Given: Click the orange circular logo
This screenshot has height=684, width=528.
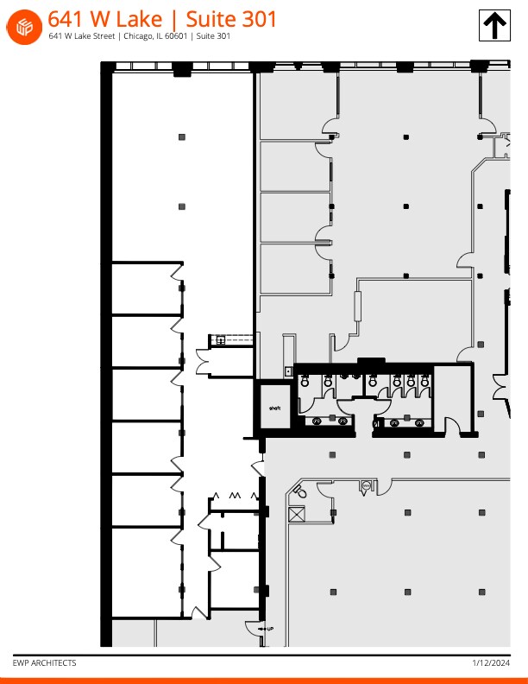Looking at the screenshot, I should (25, 26).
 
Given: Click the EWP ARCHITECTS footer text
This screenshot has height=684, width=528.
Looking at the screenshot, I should (44, 663).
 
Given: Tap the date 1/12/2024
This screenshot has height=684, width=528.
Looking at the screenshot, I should (491, 663).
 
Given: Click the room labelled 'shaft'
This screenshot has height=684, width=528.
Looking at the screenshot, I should (276, 408).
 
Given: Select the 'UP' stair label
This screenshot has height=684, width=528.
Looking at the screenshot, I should (270, 629).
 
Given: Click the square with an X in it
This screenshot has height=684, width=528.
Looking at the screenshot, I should (297, 515).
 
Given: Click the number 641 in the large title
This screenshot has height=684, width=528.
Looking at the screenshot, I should (66, 19).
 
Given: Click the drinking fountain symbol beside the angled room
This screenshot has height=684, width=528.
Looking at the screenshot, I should (365, 487).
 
